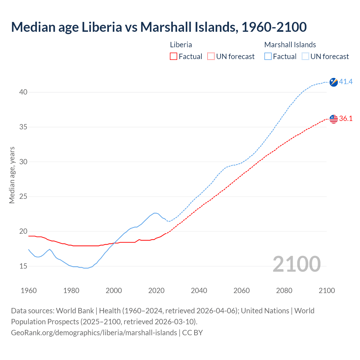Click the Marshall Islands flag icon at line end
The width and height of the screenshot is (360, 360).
pos(334,82)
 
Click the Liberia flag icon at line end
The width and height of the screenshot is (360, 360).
pos(334,119)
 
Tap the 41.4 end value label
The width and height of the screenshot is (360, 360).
pos(346,82)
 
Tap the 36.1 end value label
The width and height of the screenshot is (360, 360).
pos(346,119)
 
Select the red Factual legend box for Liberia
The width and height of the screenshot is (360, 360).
pos(174,57)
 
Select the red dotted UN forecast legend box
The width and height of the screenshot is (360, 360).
pos(211,57)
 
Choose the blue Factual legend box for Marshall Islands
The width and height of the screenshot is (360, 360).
pos(268,57)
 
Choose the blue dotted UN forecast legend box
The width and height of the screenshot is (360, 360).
pos(305,57)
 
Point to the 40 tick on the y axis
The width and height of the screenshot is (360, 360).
pos(23,92)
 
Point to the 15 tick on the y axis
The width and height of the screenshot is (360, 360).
pos(23,266)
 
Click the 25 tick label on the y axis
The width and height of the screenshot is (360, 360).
pos(23,197)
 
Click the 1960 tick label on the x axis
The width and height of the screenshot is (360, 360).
pos(29,291)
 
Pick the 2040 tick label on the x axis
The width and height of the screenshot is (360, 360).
pos(199,291)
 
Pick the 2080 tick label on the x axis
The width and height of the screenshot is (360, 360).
pos(284,291)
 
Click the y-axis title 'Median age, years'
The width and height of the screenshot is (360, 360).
pos(12,175)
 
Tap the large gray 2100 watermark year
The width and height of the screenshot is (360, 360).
pos(296,264)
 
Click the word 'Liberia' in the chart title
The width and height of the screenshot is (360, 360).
pos(102,27)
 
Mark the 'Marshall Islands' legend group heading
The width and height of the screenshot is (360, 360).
pos(290,45)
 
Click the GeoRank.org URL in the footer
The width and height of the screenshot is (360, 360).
pos(94,333)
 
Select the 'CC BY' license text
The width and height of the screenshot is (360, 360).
pos(192,333)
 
